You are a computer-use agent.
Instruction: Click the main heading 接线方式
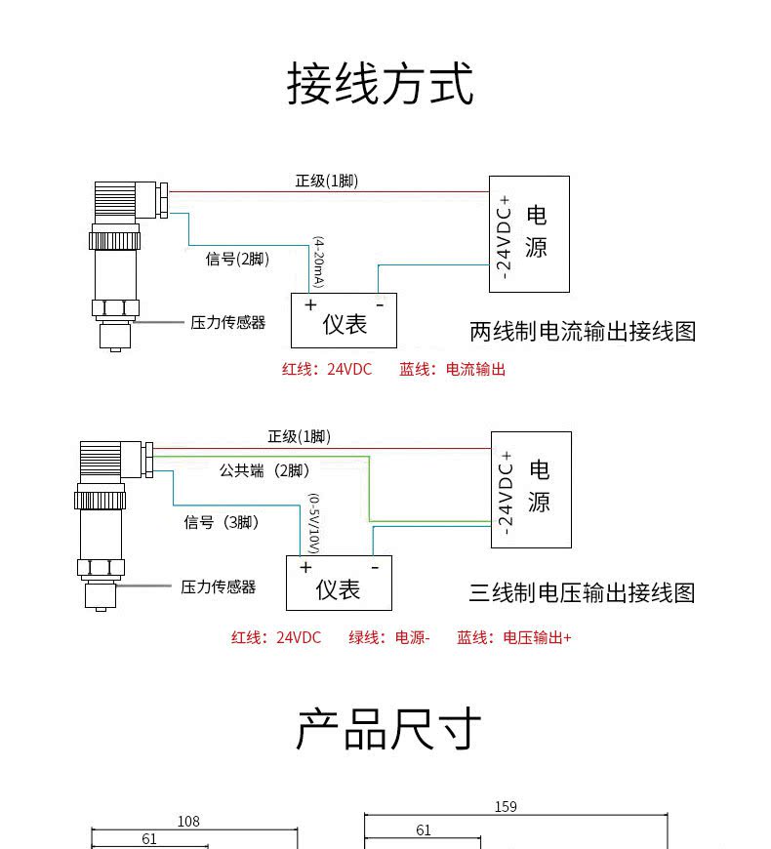380,83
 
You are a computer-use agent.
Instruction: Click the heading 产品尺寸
388,729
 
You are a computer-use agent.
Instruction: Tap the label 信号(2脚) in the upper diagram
237,259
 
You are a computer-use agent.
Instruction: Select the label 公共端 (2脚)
264,470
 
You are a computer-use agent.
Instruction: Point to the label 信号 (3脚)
221,522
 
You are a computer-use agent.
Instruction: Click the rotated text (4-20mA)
319,263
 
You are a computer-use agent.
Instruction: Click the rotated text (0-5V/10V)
313,523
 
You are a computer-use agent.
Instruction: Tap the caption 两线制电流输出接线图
583,332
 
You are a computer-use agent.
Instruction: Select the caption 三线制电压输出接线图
582,592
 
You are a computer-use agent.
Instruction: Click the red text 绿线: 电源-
389,637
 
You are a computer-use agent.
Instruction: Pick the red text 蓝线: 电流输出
452,369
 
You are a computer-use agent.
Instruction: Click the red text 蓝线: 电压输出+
513,637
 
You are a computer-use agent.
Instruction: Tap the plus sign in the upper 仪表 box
310,304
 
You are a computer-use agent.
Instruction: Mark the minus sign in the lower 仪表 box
375,567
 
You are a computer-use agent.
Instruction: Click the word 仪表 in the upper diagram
345,324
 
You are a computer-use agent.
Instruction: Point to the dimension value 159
506,807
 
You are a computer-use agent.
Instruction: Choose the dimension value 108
188,822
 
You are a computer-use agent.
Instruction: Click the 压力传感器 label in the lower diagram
218,586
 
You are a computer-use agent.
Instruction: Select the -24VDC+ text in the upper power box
504,238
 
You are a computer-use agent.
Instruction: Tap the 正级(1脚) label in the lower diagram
299,436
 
